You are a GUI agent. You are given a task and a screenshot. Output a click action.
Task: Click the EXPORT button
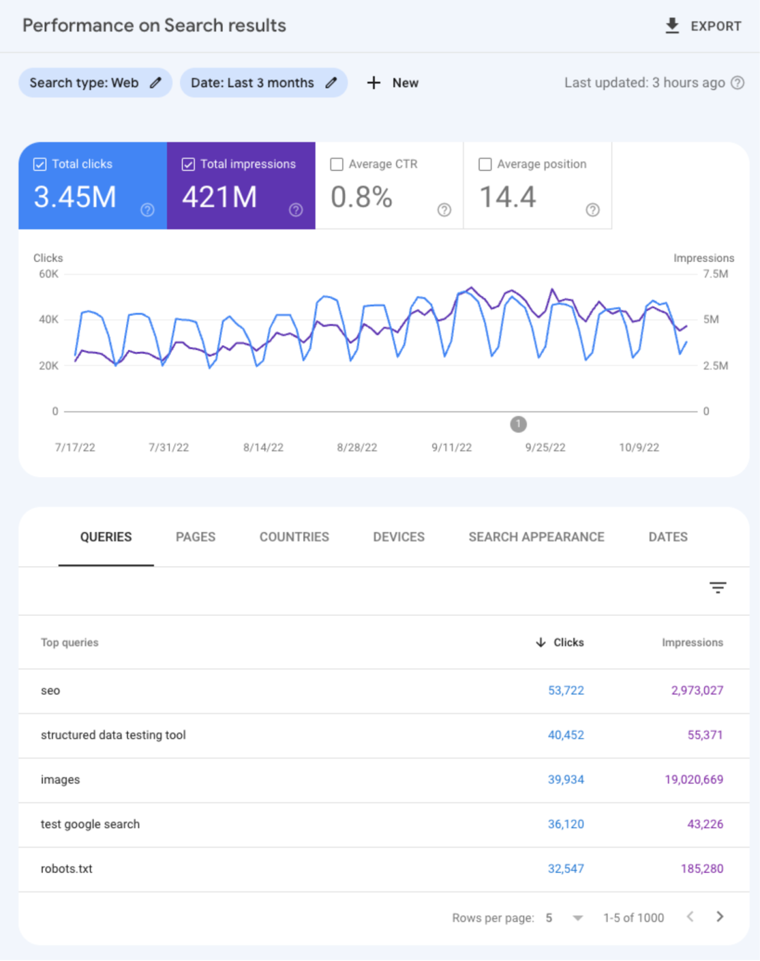[x=704, y=26]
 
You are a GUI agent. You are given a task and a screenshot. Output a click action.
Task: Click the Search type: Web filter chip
[x=95, y=83]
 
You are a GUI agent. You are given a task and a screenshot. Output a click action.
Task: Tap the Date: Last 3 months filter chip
[x=263, y=83]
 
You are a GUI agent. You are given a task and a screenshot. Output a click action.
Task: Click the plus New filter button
[x=393, y=83]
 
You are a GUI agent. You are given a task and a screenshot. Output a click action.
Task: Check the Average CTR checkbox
[x=337, y=164]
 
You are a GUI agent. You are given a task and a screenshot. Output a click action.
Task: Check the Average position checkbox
[x=485, y=164]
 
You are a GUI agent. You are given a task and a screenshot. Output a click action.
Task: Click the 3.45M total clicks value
[x=74, y=197]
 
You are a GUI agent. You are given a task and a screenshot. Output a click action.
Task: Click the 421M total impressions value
[x=219, y=197]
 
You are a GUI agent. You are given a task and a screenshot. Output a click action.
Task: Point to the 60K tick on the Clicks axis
[x=49, y=274]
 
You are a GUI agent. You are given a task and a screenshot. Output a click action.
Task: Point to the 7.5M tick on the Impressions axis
[x=716, y=274]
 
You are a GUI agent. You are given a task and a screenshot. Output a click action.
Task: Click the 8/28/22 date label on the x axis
[x=357, y=447]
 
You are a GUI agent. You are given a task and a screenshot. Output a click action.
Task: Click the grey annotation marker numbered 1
[x=518, y=424]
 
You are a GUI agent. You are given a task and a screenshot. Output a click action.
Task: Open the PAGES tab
[x=195, y=537]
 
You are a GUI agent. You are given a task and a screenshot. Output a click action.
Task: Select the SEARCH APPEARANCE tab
[x=536, y=537]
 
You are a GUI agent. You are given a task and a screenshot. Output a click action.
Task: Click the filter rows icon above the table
[x=717, y=587]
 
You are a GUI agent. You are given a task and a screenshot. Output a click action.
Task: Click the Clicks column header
[x=568, y=643]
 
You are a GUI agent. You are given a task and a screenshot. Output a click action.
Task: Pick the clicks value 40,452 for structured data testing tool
[x=565, y=735]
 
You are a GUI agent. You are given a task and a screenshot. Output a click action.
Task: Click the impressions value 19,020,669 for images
[x=693, y=780]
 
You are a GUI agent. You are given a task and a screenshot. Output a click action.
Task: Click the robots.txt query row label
[x=67, y=869]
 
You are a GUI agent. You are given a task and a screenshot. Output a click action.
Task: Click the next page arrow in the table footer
[x=720, y=917]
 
